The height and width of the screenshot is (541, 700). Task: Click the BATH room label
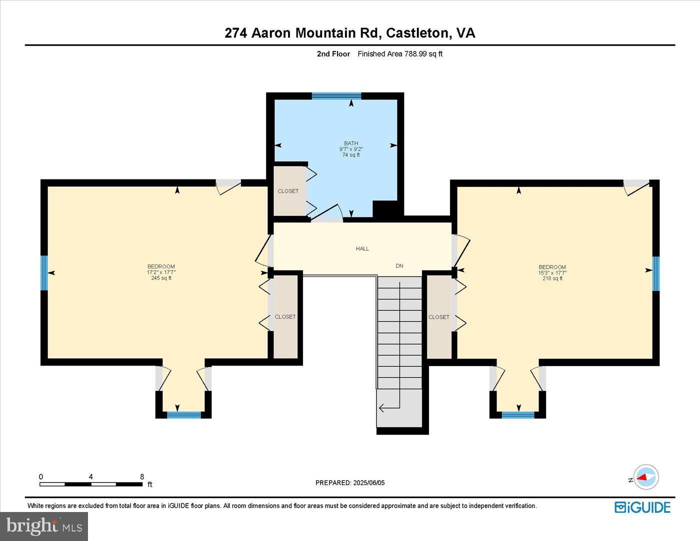pos(350,143)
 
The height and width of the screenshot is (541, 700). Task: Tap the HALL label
pos(362,248)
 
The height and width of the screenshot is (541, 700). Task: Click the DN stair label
pos(399,266)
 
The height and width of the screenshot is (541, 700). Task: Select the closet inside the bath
pos(288,191)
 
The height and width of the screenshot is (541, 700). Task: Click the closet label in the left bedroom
pos(285,316)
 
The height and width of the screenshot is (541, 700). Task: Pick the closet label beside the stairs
pos(439,317)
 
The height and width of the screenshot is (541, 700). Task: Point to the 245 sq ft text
pos(161,278)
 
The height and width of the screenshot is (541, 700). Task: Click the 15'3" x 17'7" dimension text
pos(552,273)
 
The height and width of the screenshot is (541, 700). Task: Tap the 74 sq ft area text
pos(350,155)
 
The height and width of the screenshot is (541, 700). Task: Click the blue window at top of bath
pos(336,96)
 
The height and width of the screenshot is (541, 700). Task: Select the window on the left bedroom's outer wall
pos(44,272)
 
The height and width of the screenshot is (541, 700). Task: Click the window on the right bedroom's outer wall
pos(655,273)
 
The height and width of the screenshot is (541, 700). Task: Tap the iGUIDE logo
pos(642,507)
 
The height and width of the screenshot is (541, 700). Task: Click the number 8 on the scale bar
pos(142,476)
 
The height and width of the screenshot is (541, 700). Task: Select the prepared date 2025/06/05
pos(369,483)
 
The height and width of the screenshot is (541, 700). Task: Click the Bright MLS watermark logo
pos(44,526)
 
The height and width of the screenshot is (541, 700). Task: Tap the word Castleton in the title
pos(417,33)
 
